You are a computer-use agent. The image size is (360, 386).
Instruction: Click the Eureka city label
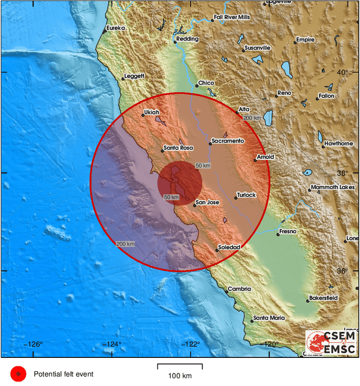point(115,27)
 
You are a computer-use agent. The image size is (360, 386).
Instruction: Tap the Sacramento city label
point(228,140)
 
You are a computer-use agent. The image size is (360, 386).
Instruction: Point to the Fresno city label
point(287,231)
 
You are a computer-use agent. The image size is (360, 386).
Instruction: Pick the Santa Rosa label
point(178,148)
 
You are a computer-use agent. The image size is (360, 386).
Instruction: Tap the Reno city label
point(283,93)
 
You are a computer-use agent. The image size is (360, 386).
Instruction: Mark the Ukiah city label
point(152,112)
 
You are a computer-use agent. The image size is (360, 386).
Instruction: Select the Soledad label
point(229,247)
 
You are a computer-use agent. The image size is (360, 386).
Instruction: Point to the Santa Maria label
point(269,318)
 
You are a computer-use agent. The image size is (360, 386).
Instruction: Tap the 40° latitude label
point(343,73)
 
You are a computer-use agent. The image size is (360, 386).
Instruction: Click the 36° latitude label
point(343,271)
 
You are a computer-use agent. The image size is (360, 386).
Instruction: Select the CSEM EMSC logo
point(331,342)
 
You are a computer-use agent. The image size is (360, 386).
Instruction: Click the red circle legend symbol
point(19,374)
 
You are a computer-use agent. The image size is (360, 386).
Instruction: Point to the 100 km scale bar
point(180,368)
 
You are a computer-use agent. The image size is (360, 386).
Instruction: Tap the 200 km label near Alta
point(252,118)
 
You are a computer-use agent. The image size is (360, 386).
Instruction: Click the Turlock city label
point(246,195)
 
